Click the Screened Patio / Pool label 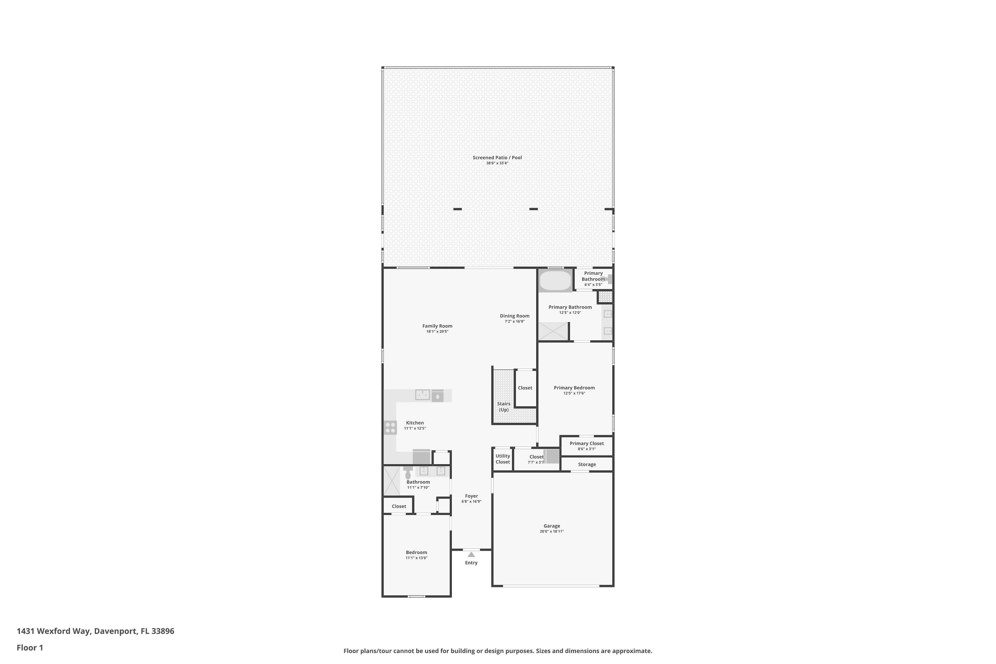pos(497,157)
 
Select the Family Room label pos(437,326)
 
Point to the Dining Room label pos(515,316)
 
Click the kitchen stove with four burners pos(390,427)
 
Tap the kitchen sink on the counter pos(423,395)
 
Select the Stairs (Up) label pos(504,406)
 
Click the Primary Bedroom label pos(574,388)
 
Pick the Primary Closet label pos(587,443)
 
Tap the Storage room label pos(587,464)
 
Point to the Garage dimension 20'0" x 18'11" pos(552,532)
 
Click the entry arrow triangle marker pos(471,554)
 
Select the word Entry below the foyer pos(471,563)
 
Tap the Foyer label pos(471,496)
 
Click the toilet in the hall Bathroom pos(408,473)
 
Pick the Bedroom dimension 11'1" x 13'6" pos(416,558)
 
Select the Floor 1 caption pos(30,647)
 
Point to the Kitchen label pos(415,423)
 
